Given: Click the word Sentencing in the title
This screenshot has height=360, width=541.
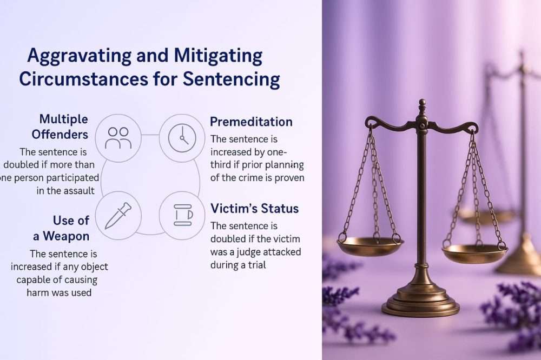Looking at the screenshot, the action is pyautogui.click(x=231, y=80).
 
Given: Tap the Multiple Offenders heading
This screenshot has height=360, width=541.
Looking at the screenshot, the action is pyautogui.click(x=60, y=126).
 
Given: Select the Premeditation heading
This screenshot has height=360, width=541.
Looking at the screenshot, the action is pyautogui.click(x=251, y=122).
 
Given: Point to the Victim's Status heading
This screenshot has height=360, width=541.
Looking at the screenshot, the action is pyautogui.click(x=255, y=208).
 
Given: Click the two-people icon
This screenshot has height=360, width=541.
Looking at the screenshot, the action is pyautogui.click(x=118, y=138).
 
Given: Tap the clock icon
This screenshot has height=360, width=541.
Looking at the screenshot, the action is pyautogui.click(x=182, y=138).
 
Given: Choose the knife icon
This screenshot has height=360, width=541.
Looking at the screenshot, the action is pyautogui.click(x=118, y=216).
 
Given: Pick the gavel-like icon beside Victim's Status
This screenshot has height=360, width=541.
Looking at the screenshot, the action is pyautogui.click(x=183, y=215).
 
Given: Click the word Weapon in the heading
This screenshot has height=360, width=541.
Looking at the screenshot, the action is pyautogui.click(x=66, y=236).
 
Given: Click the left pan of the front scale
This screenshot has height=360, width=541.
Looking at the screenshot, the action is pyautogui.click(x=370, y=245).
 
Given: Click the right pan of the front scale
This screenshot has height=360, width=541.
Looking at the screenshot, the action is pyautogui.click(x=475, y=254).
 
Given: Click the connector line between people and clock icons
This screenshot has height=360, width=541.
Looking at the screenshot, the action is pyautogui.click(x=150, y=135).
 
